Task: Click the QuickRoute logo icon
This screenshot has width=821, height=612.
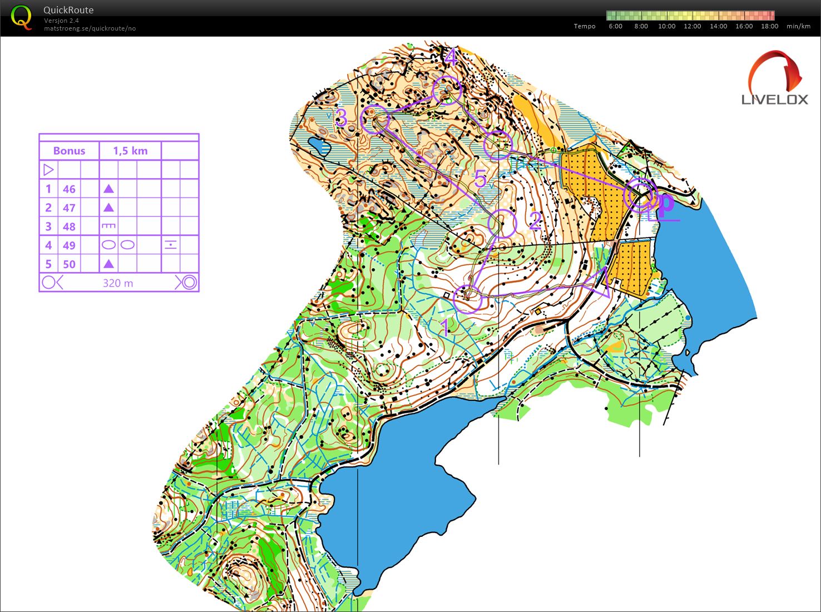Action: [x=21, y=18]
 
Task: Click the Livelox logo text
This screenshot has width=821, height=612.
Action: [x=774, y=100]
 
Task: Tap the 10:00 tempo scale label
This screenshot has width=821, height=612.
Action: [x=666, y=26]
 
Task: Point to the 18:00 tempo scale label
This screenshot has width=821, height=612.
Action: [x=769, y=26]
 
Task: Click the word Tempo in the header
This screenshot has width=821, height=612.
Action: [x=584, y=26]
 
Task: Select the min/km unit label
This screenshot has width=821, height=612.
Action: [x=798, y=26]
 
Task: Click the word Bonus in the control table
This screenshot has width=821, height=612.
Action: [x=69, y=151]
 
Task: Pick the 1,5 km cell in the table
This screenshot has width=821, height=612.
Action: [x=130, y=151]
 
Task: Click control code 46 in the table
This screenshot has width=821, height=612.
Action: [x=69, y=189]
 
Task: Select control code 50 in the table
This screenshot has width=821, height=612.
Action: [x=69, y=264]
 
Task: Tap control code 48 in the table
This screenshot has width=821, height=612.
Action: [x=69, y=226]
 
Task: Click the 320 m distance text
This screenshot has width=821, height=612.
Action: [x=118, y=283]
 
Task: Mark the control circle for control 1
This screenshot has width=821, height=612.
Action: [x=467, y=298]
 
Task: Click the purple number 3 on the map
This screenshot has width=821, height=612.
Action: [x=341, y=118]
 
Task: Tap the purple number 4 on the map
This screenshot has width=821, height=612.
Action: [x=450, y=57]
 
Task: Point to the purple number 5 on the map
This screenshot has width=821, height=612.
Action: [x=480, y=179]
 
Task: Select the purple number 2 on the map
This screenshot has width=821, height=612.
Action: [x=535, y=221]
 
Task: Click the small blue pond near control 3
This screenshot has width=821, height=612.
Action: [x=320, y=146]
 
